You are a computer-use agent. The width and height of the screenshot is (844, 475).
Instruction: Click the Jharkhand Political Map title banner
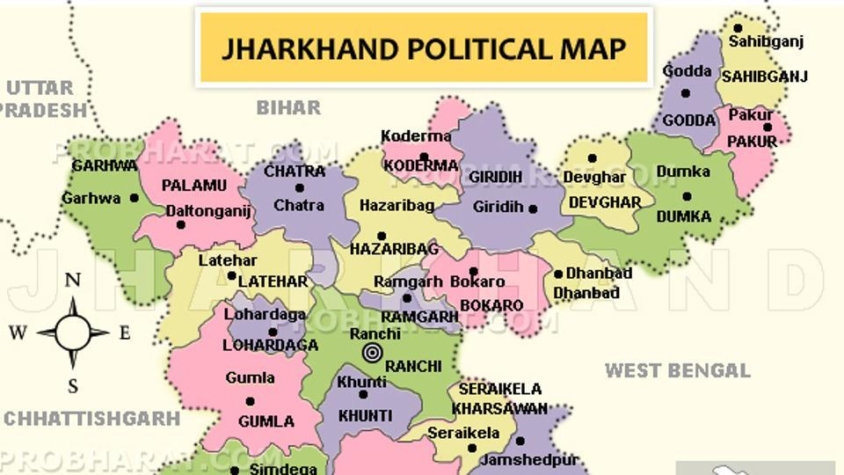[x=423, y=47]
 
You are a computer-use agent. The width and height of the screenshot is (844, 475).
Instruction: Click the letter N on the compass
[x=73, y=281]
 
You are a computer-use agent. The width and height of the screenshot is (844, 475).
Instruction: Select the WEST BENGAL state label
[x=677, y=370]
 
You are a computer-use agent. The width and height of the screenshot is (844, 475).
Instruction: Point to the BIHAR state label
[x=288, y=107]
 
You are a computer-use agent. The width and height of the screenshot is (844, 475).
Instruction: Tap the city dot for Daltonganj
[x=181, y=224]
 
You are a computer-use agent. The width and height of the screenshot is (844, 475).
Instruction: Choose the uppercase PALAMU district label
[x=193, y=185]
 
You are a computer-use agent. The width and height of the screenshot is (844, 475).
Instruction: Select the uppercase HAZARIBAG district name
[x=394, y=250]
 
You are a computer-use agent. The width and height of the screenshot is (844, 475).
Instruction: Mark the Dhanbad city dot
[x=558, y=274]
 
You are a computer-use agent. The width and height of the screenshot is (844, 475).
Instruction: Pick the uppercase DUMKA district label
[x=683, y=216]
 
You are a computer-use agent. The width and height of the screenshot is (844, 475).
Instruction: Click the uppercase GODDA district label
[x=688, y=121]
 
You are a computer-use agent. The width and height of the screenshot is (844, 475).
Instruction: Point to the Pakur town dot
[x=768, y=127]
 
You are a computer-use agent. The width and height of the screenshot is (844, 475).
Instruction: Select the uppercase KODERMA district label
[x=421, y=165]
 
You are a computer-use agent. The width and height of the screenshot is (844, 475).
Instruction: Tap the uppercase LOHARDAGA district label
[x=271, y=346]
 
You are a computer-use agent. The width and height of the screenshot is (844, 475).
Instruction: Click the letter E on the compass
[x=125, y=332]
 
